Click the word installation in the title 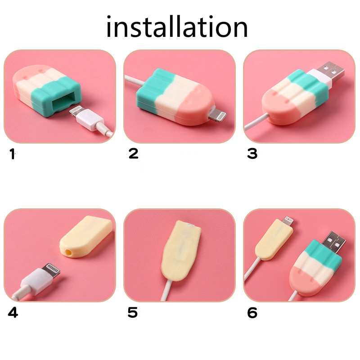pos(177,27)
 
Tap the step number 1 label pos(12,155)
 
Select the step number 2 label pos(133,154)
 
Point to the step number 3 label pos(252,154)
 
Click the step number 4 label pos(13,312)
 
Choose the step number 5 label pos(132,312)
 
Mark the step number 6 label pos(252,312)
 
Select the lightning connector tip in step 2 pos(219,115)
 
